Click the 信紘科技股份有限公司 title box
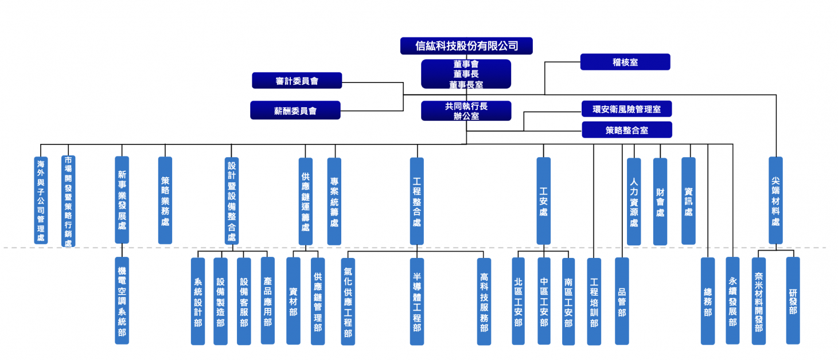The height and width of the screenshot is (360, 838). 466,46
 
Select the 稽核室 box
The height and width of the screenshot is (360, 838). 625,62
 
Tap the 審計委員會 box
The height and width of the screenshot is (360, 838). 297,81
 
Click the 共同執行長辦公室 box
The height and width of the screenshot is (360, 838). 466,111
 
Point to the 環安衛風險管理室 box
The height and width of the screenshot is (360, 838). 626,109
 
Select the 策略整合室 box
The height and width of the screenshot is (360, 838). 626,130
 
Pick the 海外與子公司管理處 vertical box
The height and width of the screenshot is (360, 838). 41,201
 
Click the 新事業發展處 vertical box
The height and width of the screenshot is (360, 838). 122,200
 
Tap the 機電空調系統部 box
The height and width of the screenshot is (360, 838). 122,300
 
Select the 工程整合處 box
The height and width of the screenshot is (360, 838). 417,201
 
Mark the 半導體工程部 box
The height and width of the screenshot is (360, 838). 417,301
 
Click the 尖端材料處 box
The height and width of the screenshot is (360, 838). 775,201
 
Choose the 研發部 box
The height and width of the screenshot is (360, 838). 793,300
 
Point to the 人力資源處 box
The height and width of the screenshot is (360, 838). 634,201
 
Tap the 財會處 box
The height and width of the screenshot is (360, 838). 660,201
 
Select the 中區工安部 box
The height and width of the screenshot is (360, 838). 544,301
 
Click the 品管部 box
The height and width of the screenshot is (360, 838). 622,301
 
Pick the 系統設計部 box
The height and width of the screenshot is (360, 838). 198,301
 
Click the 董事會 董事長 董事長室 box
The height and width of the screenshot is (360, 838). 466,74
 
